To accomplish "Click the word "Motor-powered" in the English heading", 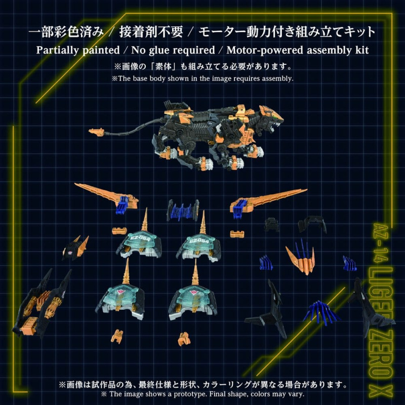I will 255,50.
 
